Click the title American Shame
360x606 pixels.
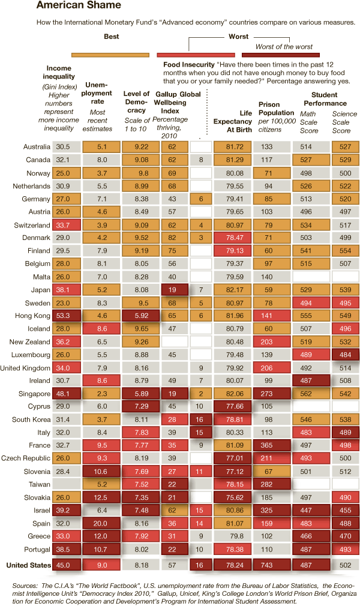pos(79,5)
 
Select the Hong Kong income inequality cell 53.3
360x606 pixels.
pos(63,316)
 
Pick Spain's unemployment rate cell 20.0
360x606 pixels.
pos(102,523)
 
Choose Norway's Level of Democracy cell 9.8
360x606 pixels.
pos(142,173)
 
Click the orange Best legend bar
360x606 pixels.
pos(111,54)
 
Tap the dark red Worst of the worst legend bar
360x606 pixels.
pos(280,54)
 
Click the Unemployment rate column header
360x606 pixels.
pos(97,93)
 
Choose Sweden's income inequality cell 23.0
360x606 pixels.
pos(63,302)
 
